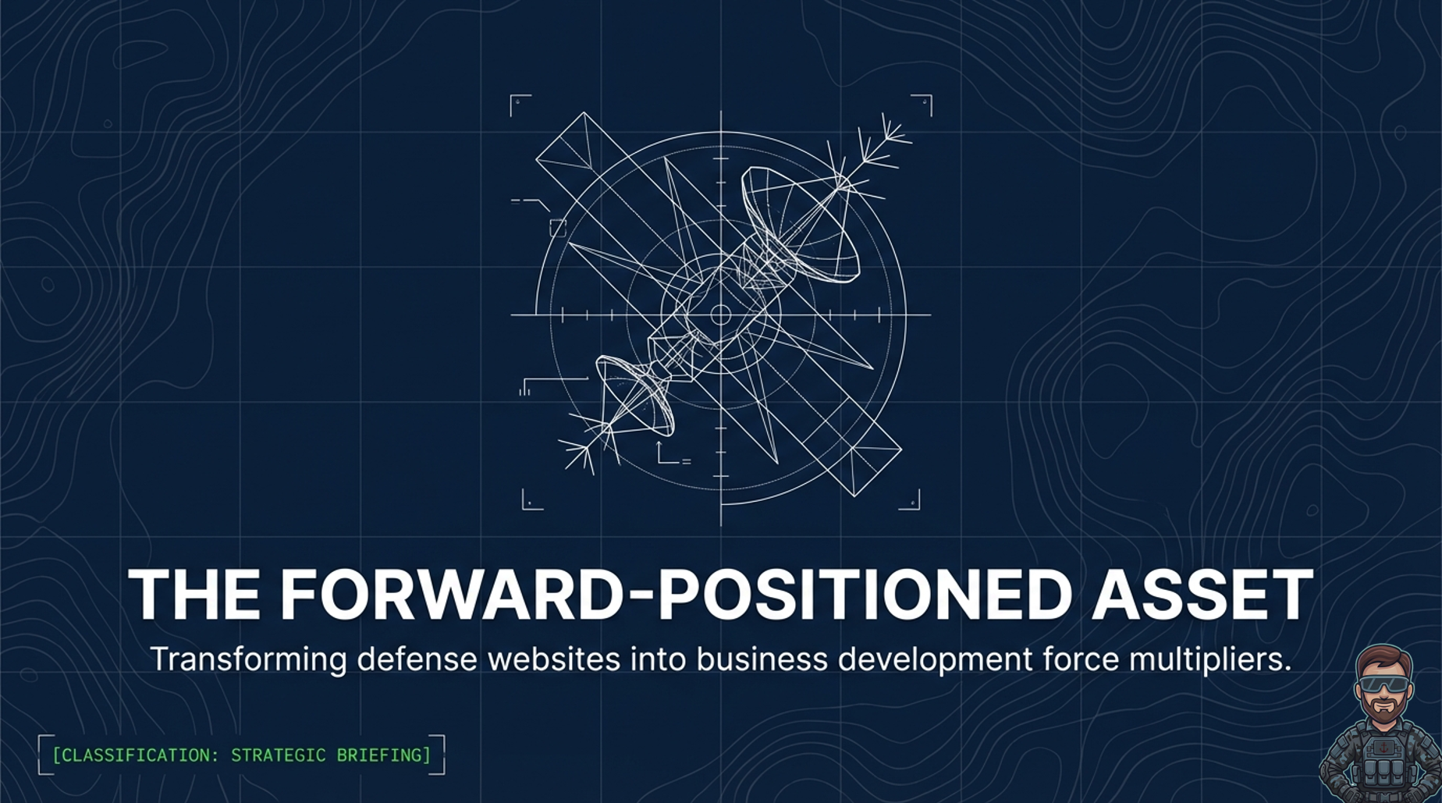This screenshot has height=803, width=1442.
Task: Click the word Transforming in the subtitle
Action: click(249, 660)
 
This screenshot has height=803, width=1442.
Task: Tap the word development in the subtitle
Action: click(936, 660)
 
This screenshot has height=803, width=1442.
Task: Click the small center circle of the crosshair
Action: click(720, 315)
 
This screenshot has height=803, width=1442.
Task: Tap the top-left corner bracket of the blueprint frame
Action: click(520, 105)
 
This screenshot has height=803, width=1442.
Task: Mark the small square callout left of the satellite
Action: click(558, 228)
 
